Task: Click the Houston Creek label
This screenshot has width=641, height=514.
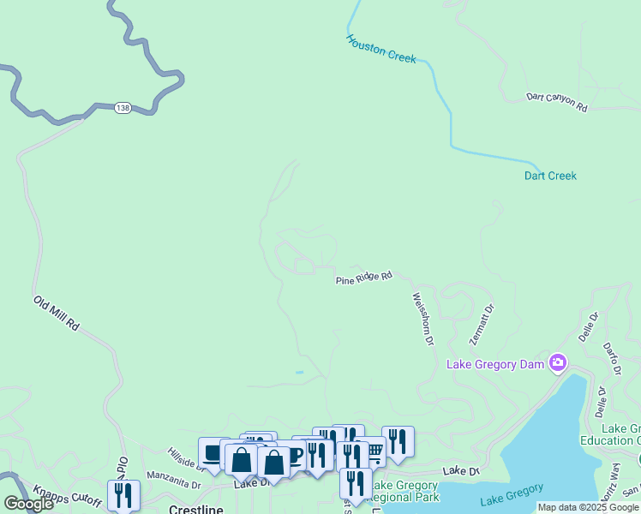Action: pos(381,49)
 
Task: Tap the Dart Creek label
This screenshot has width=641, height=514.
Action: pos(550,176)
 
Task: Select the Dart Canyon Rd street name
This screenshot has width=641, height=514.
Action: pos(556,103)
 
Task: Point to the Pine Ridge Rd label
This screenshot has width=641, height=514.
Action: pos(363,278)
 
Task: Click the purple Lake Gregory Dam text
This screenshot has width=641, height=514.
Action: pos(496,364)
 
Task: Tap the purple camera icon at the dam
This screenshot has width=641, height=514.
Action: pos(558,363)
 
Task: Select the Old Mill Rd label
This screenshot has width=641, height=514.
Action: pos(57,314)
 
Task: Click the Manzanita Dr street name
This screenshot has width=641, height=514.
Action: pos(174,484)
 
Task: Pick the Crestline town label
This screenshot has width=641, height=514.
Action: pos(196,509)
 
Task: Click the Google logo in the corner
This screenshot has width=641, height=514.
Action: pos(28,504)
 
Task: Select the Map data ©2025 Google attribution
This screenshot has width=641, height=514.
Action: pos(588,508)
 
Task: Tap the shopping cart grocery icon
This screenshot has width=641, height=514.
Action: pos(374,450)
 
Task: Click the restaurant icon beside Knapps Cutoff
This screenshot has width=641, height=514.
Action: pos(123,493)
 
